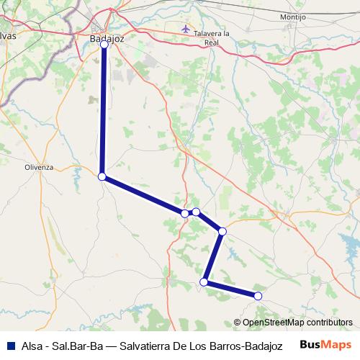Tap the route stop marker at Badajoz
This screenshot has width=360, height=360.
[x=104, y=45]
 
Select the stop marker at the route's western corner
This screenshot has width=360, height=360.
[x=102, y=176]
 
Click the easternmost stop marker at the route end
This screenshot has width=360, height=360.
[x=258, y=295]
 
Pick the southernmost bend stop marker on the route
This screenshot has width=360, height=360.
[x=204, y=282]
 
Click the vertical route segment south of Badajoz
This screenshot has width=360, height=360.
[x=104, y=108]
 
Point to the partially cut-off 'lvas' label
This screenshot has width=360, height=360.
[x=7, y=34]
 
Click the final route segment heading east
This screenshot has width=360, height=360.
[x=231, y=289]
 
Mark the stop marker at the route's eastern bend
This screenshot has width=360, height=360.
[x=222, y=231]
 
